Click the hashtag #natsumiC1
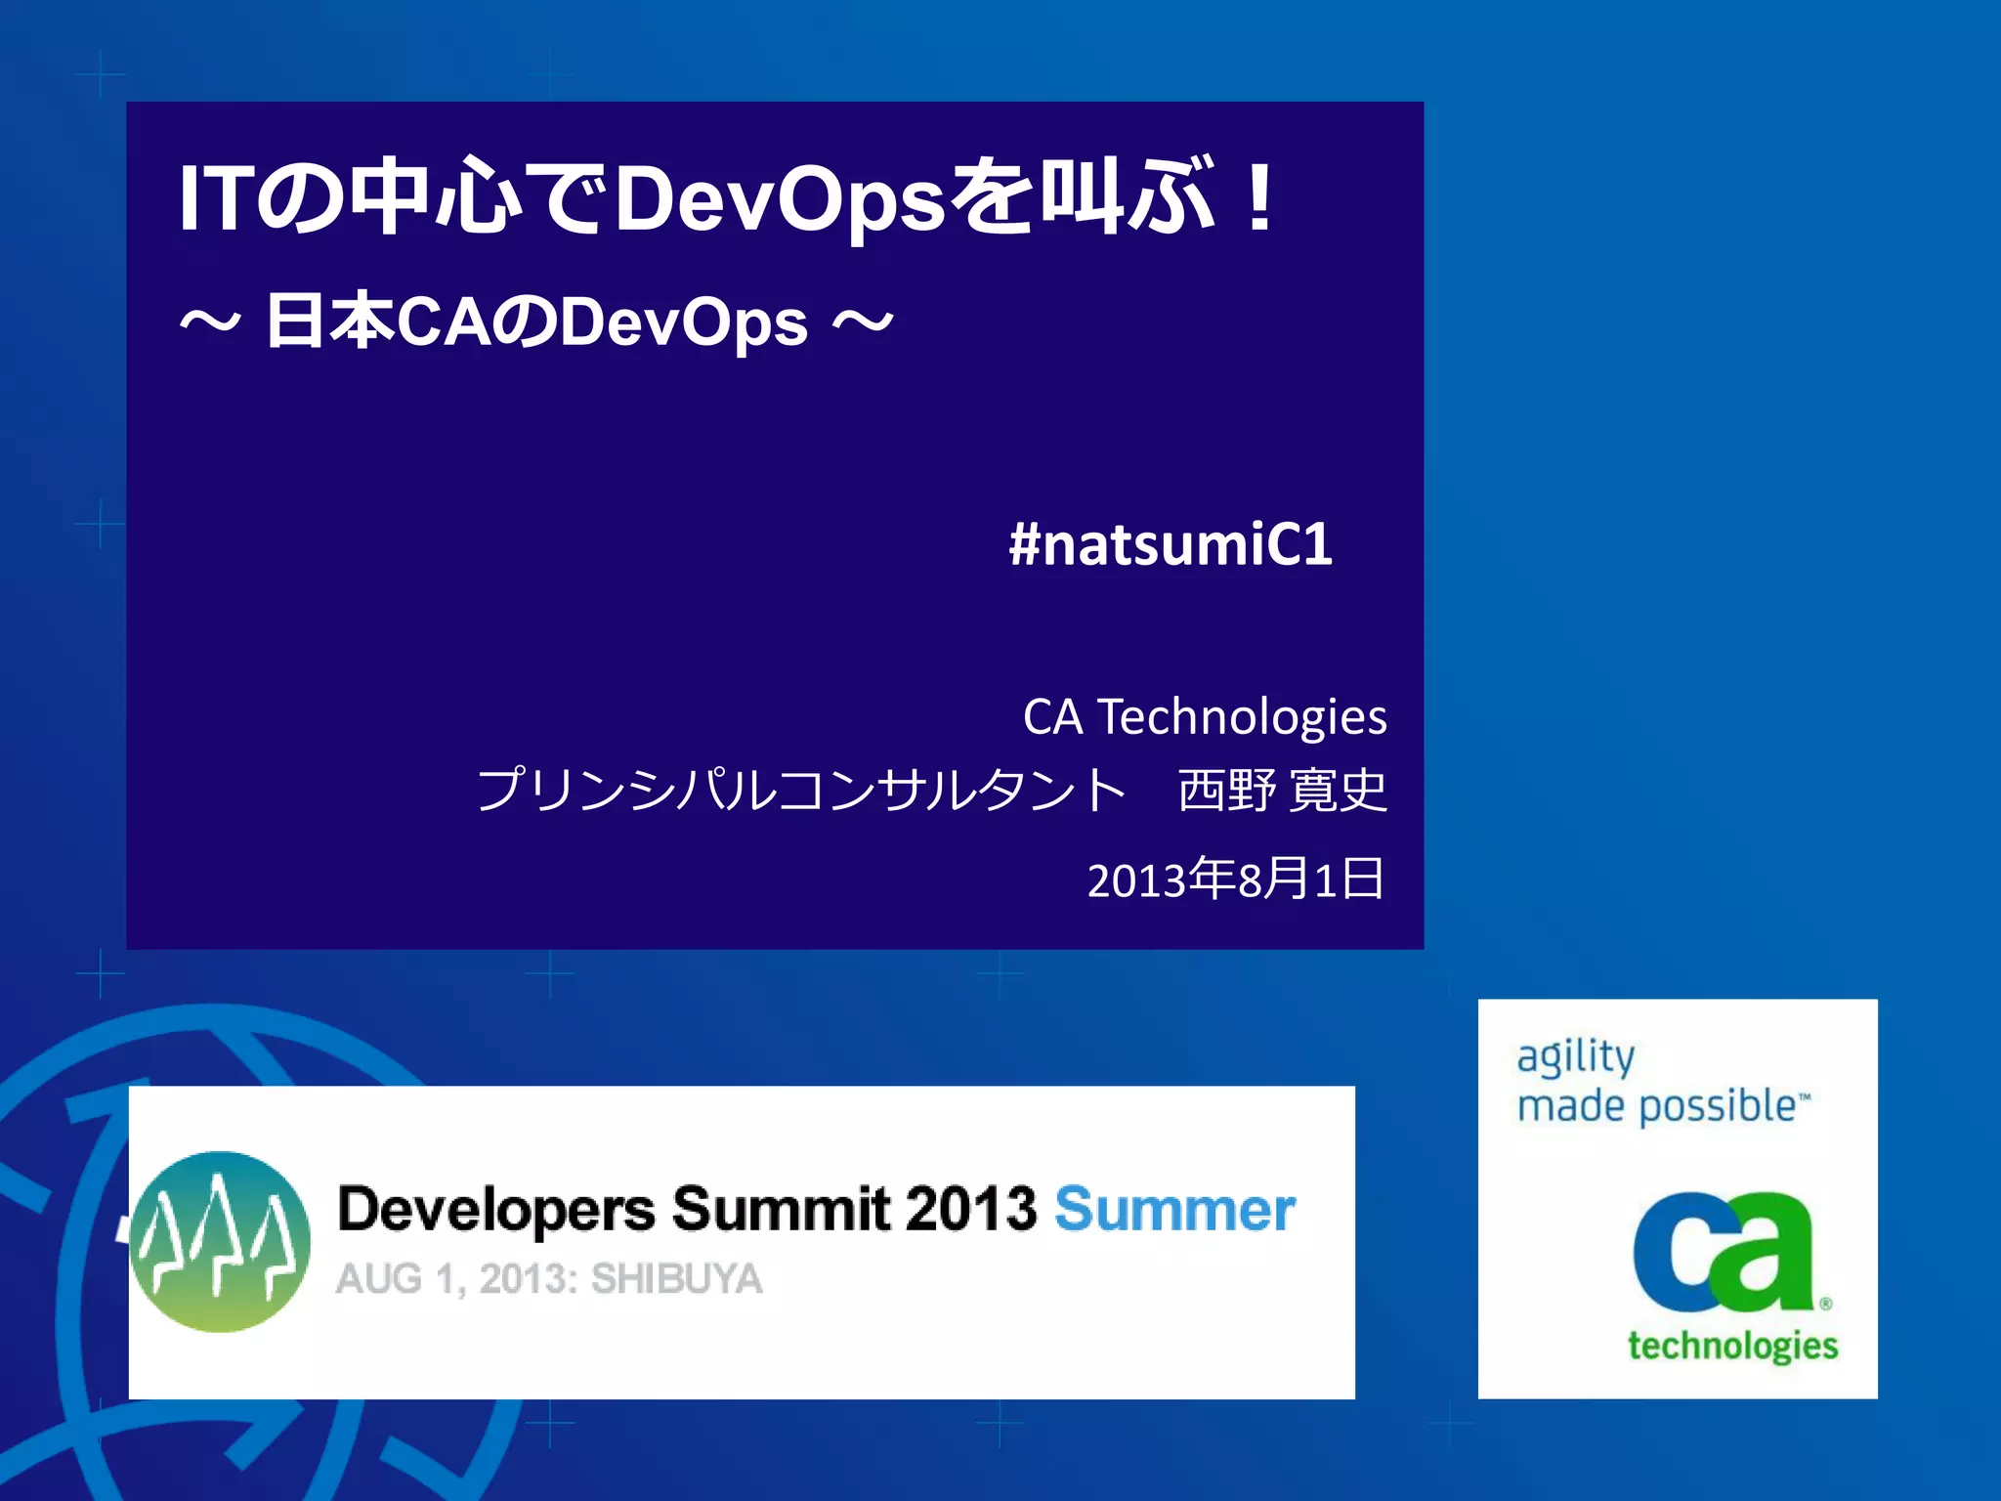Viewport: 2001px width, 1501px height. point(1171,545)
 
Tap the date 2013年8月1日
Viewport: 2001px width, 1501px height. point(1235,879)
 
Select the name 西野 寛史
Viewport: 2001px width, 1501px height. point(1282,790)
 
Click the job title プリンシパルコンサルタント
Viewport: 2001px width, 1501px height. point(801,790)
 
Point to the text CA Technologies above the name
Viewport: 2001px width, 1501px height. point(1204,716)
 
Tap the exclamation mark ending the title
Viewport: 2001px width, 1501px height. point(1260,198)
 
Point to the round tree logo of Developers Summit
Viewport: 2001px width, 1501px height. point(221,1241)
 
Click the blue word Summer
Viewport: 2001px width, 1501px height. point(1174,1210)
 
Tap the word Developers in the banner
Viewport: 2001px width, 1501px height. point(495,1210)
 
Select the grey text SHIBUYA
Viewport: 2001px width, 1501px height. point(676,1279)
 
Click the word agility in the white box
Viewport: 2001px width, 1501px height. point(1575,1057)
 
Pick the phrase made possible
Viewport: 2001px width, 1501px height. point(1657,1106)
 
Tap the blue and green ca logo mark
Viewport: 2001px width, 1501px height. point(1724,1253)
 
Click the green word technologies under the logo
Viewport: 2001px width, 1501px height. point(1732,1346)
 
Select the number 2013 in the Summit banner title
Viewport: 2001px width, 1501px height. point(970,1210)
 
